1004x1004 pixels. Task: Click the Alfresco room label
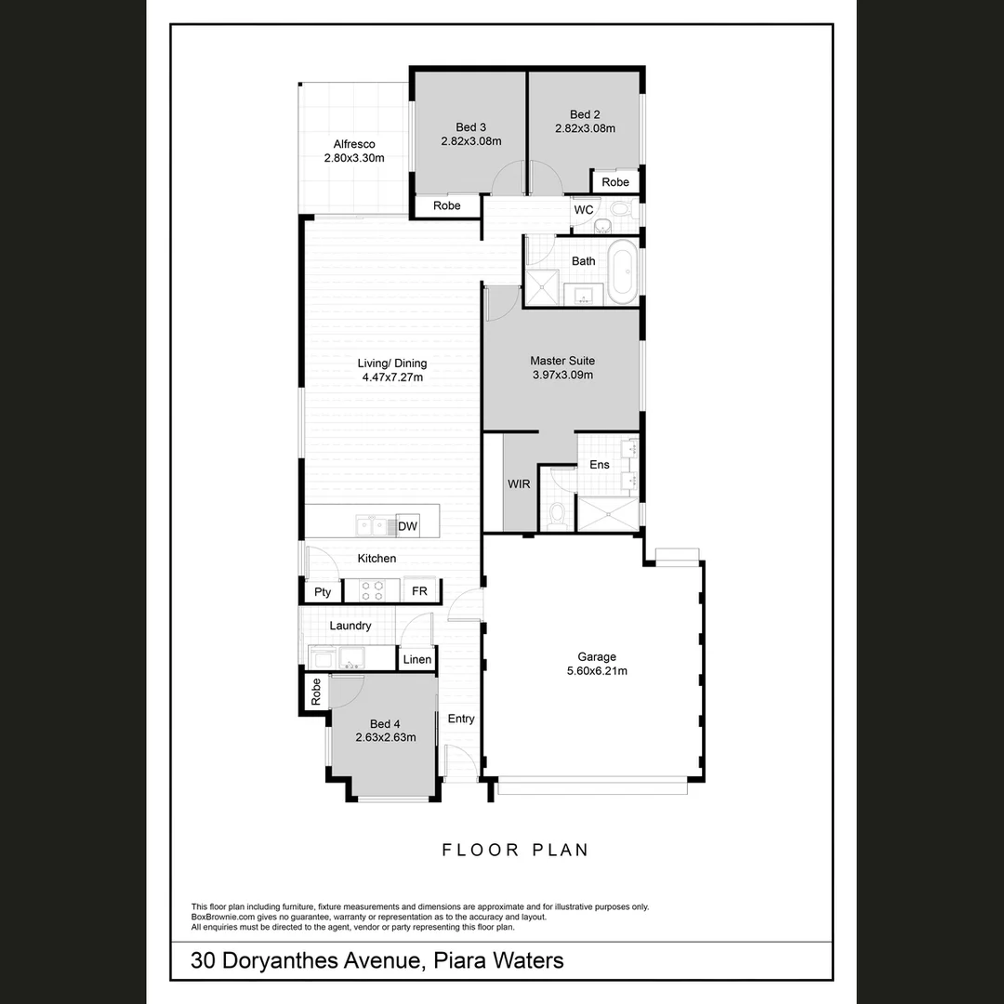coord(354,144)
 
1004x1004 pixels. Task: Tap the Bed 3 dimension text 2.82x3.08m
coord(470,142)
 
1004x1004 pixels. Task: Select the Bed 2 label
coord(585,115)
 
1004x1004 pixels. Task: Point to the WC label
coord(584,210)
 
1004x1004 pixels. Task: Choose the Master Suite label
coord(561,361)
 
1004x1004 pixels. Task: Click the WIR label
coord(519,484)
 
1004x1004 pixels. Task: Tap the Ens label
coord(600,464)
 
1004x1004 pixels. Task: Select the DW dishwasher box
coord(407,527)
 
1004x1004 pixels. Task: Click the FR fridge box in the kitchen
coord(419,591)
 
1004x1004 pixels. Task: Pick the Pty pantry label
coord(323,591)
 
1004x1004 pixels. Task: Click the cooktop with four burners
coord(372,590)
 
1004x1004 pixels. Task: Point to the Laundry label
coord(350,626)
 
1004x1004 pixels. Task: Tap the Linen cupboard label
coord(416,660)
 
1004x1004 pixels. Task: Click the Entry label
coord(461,719)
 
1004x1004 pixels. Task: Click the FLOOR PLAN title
coord(515,850)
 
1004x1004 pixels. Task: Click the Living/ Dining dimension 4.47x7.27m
coord(391,377)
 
